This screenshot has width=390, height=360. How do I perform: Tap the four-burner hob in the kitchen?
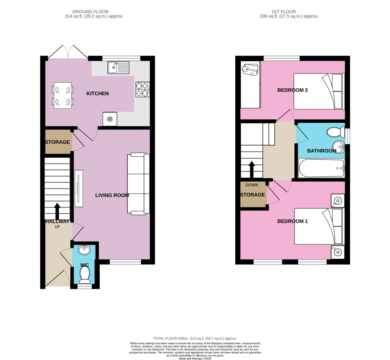tap(142, 90)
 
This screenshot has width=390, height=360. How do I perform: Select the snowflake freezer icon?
tap(110, 119)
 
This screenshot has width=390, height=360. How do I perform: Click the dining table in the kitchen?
tap(62, 96)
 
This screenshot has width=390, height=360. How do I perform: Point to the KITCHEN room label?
tap(97, 94)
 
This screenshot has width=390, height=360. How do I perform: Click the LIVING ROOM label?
tap(112, 195)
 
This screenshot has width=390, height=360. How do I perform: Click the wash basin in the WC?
tap(84, 250)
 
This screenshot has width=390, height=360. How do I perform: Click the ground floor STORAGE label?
tap(58, 142)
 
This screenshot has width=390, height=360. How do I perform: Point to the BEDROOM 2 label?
tap(292, 90)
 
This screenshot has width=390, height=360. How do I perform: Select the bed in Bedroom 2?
tap(319, 91)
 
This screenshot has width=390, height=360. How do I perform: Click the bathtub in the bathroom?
tap(322, 168)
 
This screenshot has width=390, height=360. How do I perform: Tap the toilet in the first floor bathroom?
tap(336, 132)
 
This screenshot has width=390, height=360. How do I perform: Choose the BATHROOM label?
tap(322, 151)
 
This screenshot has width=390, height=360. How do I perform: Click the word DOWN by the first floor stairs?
tap(252, 185)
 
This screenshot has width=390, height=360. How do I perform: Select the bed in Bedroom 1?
tap(319, 226)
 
